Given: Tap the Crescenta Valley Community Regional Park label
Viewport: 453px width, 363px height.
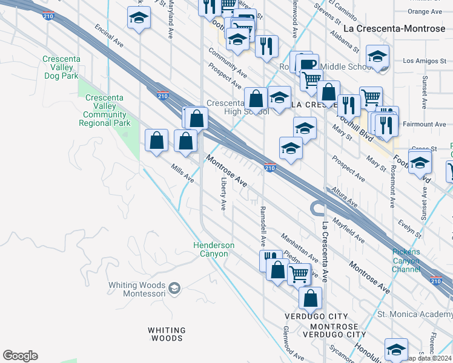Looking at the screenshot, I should (105, 110).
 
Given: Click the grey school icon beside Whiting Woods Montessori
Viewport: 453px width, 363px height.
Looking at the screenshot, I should (175, 287).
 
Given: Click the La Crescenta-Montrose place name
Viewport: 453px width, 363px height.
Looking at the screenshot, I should (394, 28).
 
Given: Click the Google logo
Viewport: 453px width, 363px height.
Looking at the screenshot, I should (20, 356).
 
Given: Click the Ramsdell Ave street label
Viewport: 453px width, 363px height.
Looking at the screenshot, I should (262, 225).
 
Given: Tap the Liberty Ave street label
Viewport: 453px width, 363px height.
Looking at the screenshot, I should (223, 194).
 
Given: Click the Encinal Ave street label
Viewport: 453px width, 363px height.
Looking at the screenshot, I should (109, 36).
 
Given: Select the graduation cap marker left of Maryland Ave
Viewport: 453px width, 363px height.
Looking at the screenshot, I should (139, 18).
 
